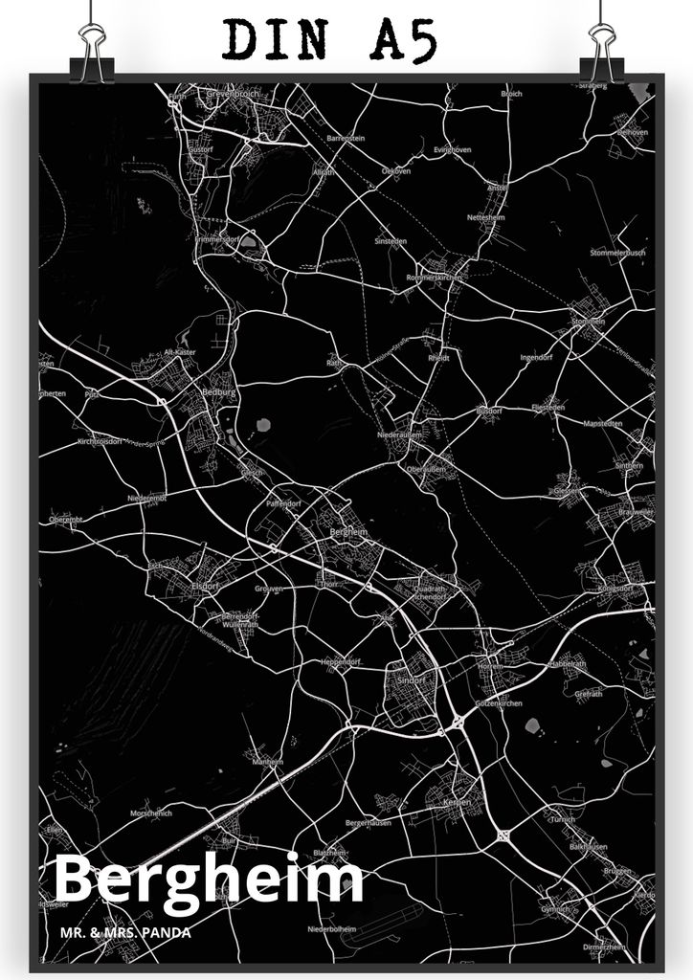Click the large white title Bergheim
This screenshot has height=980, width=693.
(208, 880)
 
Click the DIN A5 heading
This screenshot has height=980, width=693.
(330, 40)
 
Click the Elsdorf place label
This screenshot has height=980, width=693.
(206, 585)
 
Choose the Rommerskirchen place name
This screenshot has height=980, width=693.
(435, 277)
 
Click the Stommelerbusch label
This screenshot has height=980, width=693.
(617, 254)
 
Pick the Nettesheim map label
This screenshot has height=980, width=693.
(485, 218)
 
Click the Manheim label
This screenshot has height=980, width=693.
(265, 762)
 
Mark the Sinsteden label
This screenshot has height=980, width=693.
(391, 241)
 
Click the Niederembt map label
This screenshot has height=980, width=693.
(147, 499)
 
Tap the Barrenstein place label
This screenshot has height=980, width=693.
(346, 139)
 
